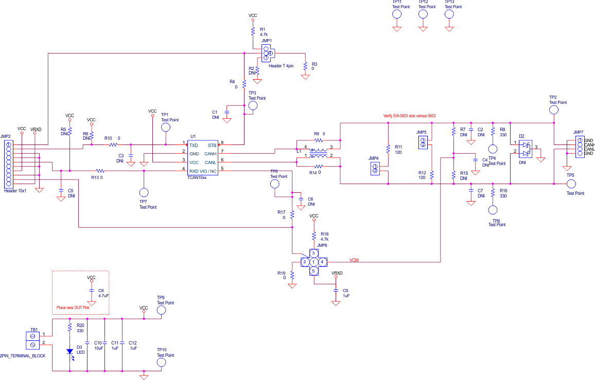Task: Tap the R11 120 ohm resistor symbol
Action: click(388, 149)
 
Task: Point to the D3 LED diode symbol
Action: click(69, 352)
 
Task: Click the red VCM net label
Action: click(354, 260)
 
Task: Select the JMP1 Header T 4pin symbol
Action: click(267, 52)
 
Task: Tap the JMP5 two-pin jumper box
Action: click(423, 142)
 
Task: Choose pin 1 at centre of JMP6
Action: click(313, 262)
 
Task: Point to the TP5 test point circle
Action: click(570, 184)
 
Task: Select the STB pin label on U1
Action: click(212, 146)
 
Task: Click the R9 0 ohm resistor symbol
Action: click(319, 139)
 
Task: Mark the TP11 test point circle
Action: click(397, 14)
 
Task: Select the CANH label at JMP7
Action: click(590, 144)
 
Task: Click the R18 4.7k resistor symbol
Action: click(314, 236)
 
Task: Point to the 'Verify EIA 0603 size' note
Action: click(409, 116)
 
